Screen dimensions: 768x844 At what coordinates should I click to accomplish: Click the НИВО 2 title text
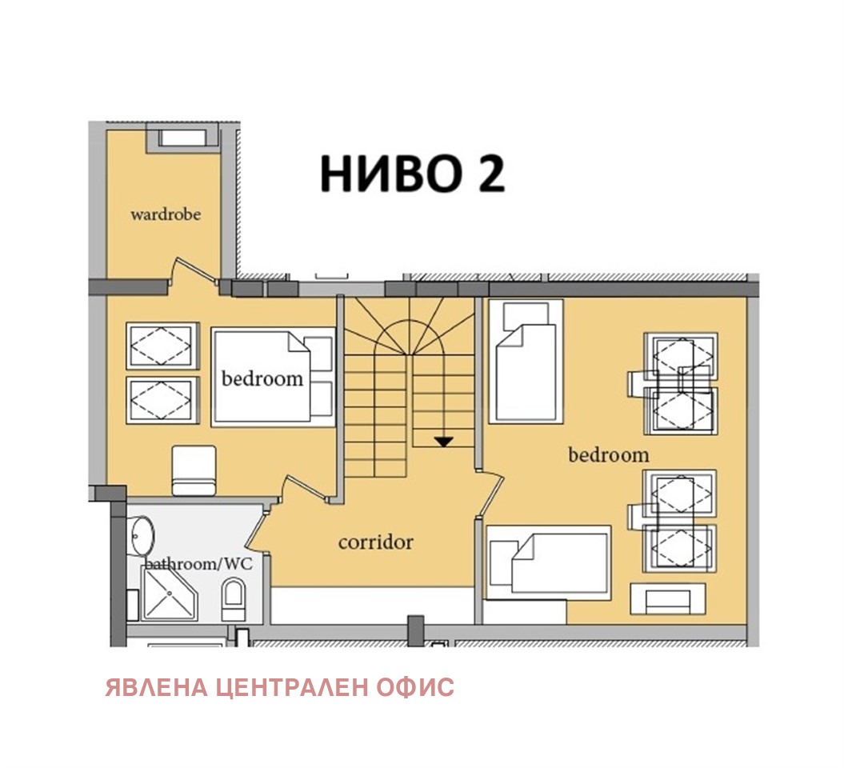coord(412,174)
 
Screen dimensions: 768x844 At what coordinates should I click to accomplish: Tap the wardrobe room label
coord(165,214)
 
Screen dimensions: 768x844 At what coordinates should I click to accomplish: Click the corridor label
coord(375,542)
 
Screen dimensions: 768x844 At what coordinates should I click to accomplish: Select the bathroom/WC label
coord(198,564)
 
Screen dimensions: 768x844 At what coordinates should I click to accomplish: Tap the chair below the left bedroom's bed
coord(194,470)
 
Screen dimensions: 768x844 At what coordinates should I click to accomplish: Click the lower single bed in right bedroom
coord(549,562)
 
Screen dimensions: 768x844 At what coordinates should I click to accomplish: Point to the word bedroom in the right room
coord(608,455)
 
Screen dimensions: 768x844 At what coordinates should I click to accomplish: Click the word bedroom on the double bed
coord(262,378)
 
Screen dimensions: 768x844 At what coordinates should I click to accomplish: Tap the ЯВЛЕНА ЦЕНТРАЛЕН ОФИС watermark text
coord(279,687)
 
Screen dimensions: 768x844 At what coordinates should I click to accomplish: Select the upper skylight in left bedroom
coord(162,346)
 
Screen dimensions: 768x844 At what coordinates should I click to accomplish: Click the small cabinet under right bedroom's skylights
coord(668,599)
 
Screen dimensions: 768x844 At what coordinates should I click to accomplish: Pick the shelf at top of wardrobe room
coord(182,138)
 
